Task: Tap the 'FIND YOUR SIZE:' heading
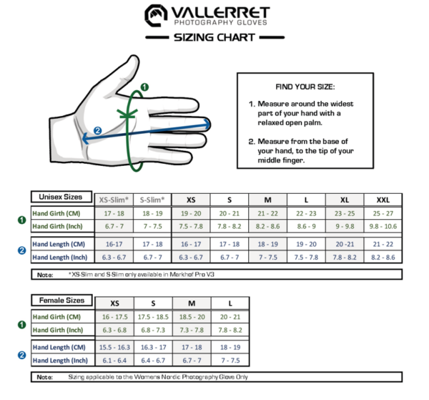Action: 304,87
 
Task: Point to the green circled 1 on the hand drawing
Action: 145,87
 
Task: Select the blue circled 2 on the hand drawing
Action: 98,130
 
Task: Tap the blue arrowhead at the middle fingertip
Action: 207,124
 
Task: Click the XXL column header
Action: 383,200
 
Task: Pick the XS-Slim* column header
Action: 114,200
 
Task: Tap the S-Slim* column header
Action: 152,200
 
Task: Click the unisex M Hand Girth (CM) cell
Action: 267,213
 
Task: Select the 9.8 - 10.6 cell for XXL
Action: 383,226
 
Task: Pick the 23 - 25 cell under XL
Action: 344,213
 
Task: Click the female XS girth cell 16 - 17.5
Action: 114,317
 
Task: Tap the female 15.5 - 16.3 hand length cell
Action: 114,347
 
